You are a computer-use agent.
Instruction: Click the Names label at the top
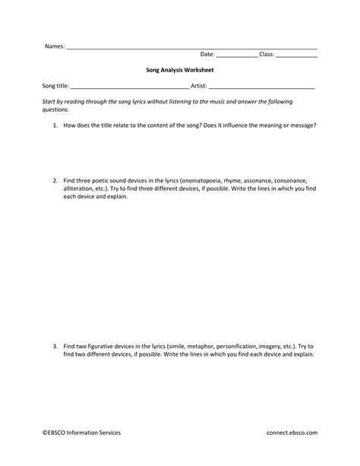[x=54, y=46]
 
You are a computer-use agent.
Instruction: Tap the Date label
[x=207, y=55]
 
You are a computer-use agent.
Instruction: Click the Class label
[x=267, y=55]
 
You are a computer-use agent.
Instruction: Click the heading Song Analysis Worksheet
[x=180, y=69]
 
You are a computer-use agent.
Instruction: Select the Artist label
[x=199, y=86]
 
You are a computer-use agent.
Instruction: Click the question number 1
[x=55, y=124]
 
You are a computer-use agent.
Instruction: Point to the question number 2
[x=55, y=181]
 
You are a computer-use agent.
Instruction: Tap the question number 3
[x=55, y=346]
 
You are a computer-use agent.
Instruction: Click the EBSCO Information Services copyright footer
[x=81, y=433]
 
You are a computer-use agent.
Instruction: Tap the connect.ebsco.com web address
[x=292, y=433]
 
